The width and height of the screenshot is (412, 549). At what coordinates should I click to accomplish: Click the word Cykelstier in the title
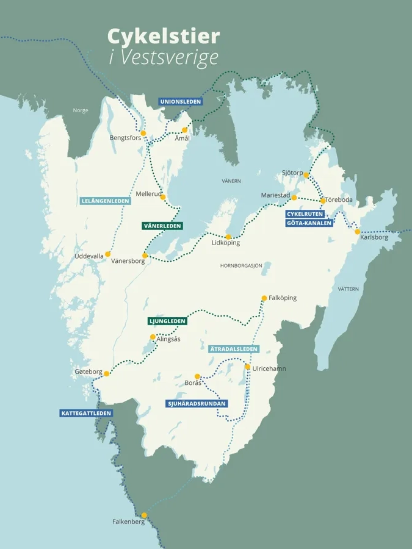(x=163, y=37)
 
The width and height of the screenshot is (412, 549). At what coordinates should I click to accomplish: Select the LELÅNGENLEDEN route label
(x=105, y=201)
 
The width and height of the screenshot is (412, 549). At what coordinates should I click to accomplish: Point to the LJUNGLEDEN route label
(x=167, y=321)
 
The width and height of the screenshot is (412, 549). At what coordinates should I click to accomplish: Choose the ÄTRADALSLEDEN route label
(x=234, y=349)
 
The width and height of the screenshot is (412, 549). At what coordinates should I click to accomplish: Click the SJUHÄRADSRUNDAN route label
(x=197, y=403)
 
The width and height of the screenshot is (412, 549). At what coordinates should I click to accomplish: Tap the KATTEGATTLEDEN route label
(x=87, y=413)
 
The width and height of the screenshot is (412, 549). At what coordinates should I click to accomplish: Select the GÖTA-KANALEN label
(x=309, y=223)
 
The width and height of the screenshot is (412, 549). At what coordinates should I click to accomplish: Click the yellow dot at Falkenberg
(x=144, y=514)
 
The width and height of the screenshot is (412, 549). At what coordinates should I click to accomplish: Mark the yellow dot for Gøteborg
(x=106, y=373)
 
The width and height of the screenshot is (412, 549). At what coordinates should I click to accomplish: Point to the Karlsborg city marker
(x=358, y=231)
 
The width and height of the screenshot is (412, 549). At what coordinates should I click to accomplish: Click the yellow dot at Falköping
(x=264, y=298)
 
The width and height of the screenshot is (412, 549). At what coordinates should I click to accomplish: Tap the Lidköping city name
(x=225, y=243)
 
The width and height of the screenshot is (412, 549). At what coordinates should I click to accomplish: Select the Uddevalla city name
(x=89, y=256)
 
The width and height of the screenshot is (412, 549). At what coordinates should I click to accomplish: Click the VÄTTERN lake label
(x=348, y=289)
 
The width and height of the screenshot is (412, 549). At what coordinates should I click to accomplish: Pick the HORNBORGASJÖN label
(x=241, y=265)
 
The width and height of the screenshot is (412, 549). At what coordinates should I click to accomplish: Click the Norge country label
(x=81, y=110)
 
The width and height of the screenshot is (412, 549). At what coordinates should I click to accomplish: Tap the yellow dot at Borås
(x=197, y=376)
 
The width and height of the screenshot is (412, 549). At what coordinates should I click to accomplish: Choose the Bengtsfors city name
(x=125, y=138)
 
